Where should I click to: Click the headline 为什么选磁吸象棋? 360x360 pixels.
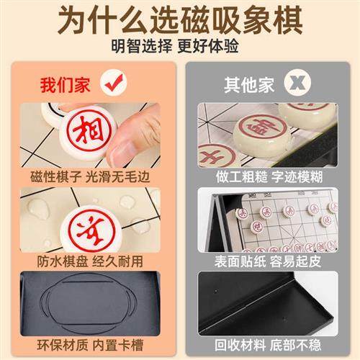click(179, 19)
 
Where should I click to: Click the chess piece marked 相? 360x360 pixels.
click(86, 132)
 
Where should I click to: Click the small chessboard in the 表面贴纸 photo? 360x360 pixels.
click(284, 220)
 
